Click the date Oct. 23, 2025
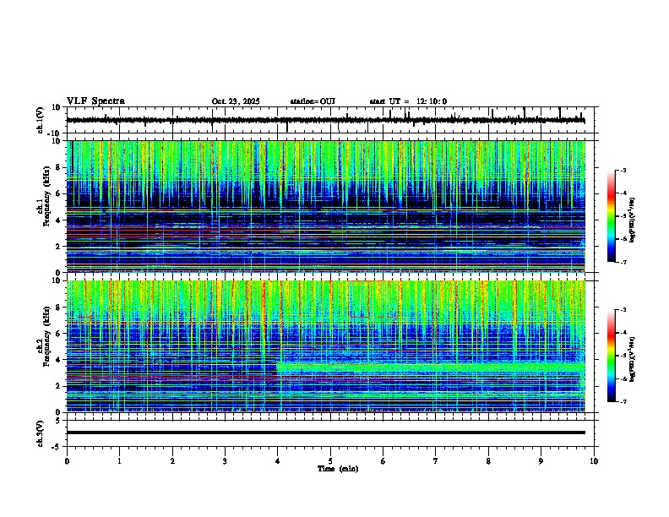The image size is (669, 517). click(236, 101)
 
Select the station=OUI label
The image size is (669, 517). click(313, 101)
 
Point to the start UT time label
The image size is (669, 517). click(408, 101)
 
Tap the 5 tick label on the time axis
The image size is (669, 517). click(330, 460)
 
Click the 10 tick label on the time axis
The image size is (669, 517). click(594, 460)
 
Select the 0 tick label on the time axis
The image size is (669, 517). click(67, 460)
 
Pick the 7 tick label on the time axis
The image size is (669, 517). click(436, 460)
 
